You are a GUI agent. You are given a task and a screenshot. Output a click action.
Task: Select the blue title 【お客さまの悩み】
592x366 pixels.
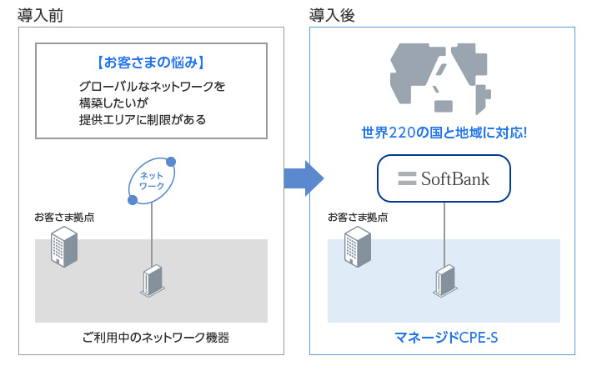151,63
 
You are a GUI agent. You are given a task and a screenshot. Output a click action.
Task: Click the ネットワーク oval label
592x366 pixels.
152,180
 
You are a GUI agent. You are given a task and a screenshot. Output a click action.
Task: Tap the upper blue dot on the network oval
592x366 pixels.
171,161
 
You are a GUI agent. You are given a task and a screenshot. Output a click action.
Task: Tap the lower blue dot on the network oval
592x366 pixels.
132,200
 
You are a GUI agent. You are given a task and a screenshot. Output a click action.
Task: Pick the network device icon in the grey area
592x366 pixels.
152,282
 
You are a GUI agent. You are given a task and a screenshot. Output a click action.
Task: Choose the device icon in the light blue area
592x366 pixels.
444,282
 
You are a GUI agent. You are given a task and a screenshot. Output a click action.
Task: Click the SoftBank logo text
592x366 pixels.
454,178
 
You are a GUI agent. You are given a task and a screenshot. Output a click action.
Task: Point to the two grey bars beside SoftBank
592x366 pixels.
407,178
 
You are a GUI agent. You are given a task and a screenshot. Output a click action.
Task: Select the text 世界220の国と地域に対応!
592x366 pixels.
444,133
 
